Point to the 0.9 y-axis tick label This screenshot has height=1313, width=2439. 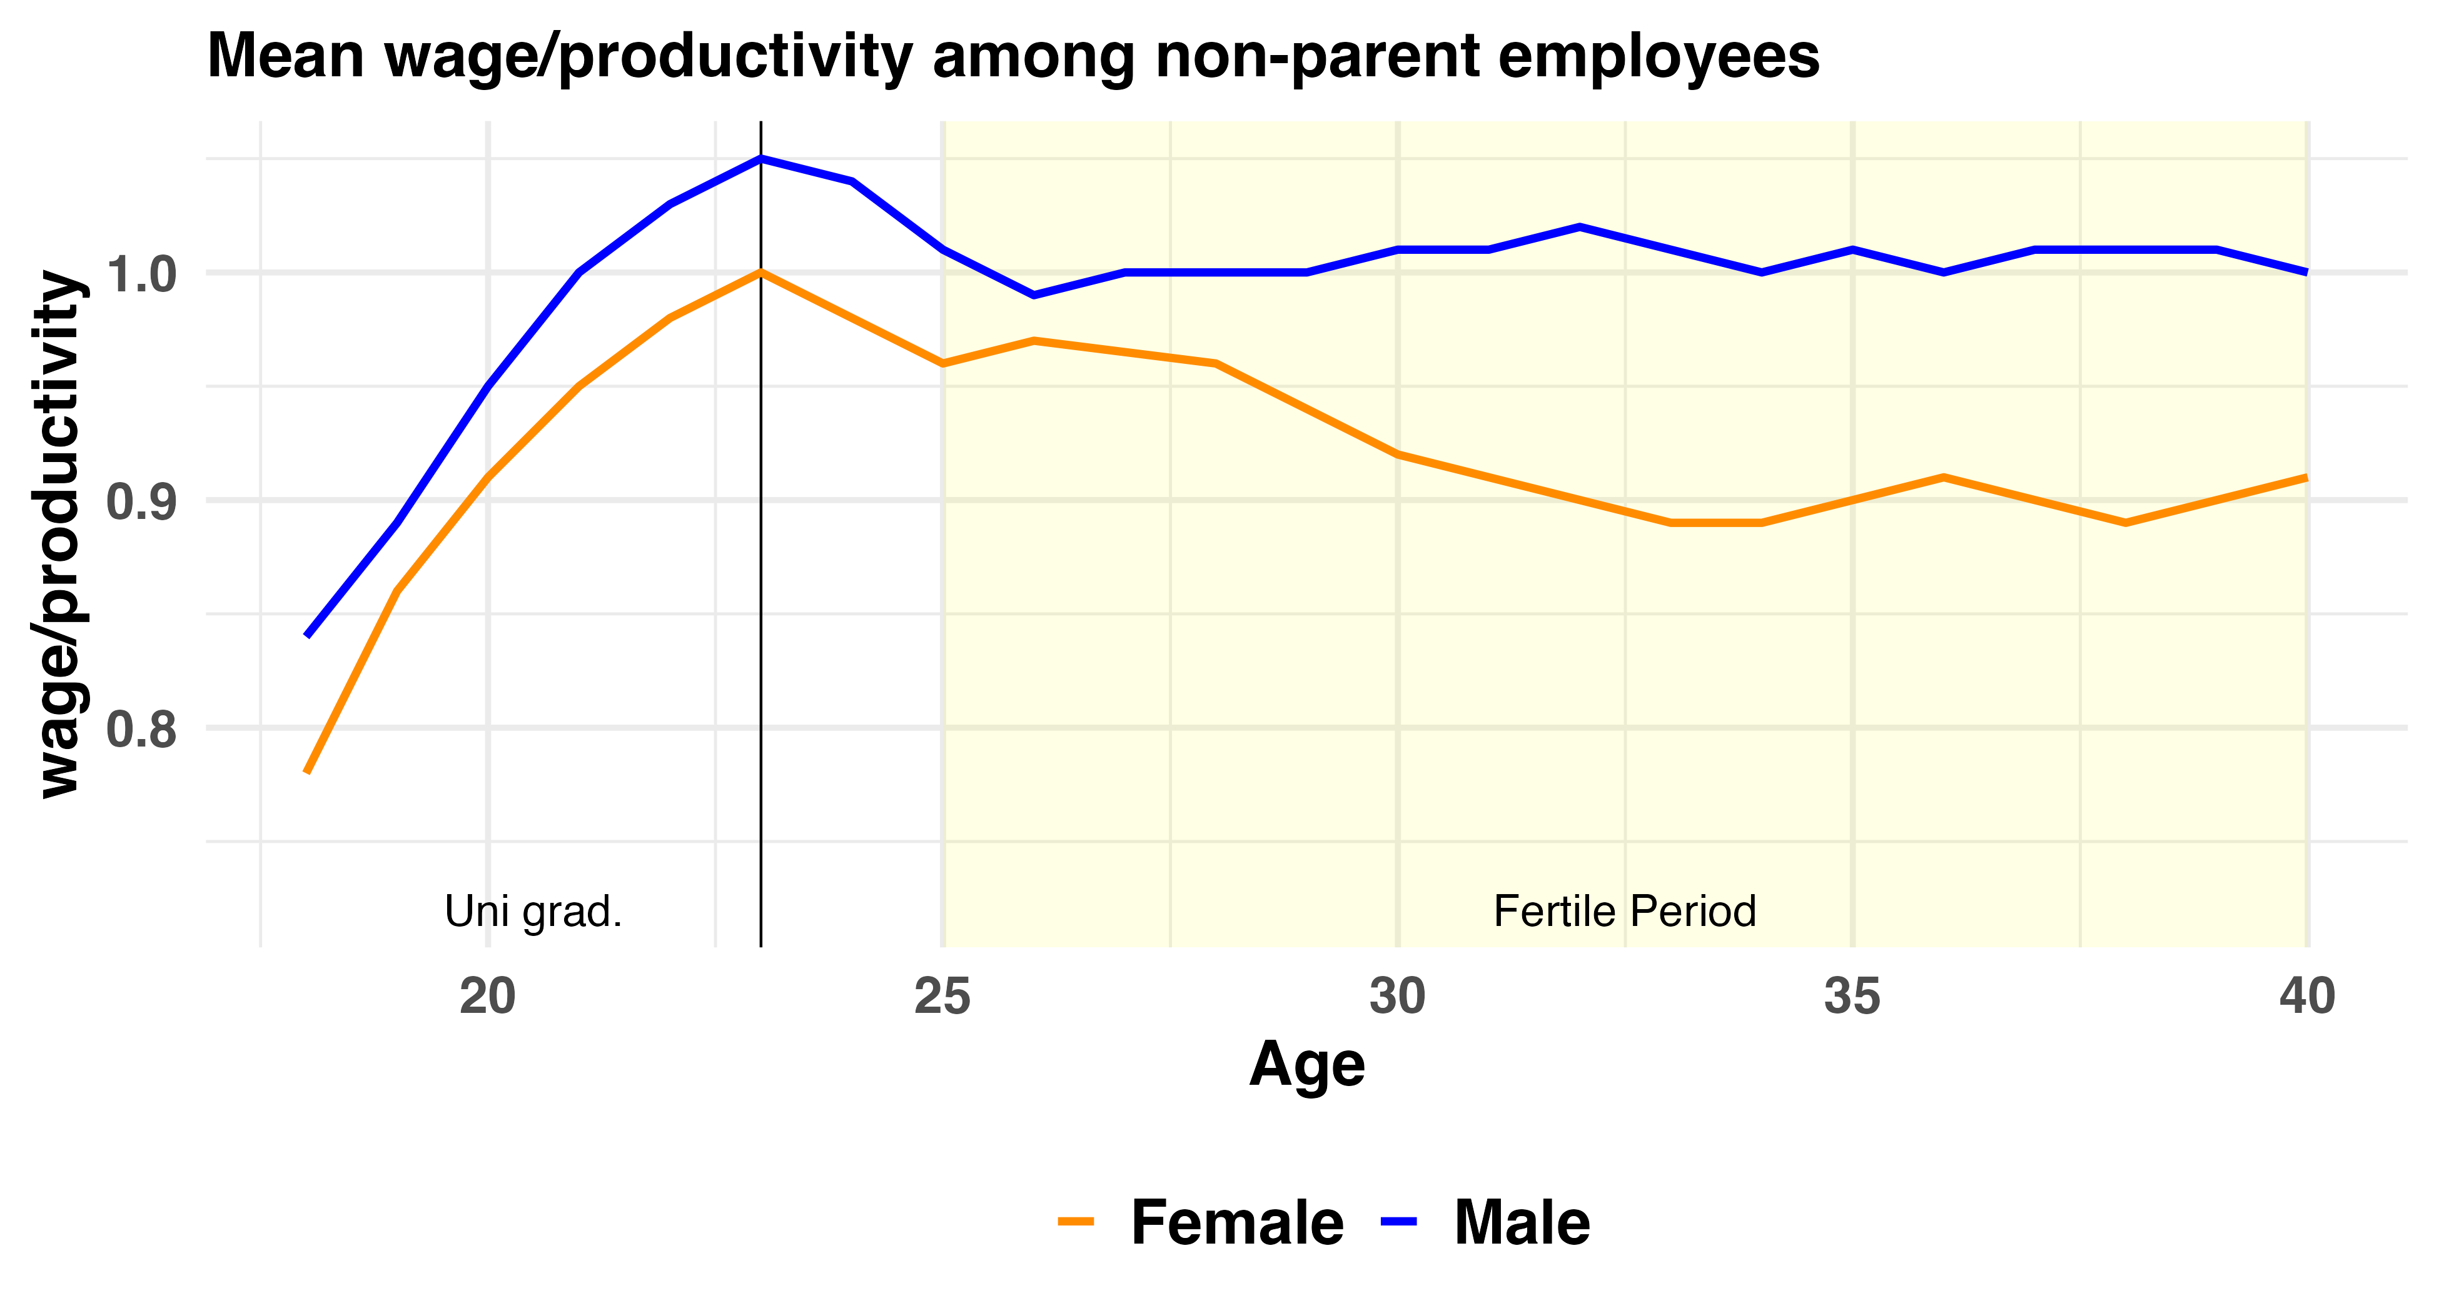coord(142,501)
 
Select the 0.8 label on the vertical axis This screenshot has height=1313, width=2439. coord(142,730)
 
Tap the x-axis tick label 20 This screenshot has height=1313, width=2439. coord(488,997)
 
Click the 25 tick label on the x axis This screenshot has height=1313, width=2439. coord(942,997)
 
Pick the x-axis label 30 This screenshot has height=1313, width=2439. coord(1398,997)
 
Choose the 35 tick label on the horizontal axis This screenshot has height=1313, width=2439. coord(1852,997)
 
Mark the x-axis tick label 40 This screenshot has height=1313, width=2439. coord(2306,997)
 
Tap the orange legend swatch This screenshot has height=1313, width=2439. coord(1076,1221)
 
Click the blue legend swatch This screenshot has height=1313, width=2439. coord(1398,1221)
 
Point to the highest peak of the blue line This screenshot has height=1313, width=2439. coord(761,159)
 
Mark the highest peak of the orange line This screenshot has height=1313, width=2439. coord(761,273)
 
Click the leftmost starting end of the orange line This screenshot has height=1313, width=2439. coord(307,772)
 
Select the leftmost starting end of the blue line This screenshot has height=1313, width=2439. coord(307,635)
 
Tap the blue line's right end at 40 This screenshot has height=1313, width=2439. coord(2306,272)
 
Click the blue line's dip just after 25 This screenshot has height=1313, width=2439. coord(1034,295)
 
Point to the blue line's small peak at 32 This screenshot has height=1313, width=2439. coord(1579,227)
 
